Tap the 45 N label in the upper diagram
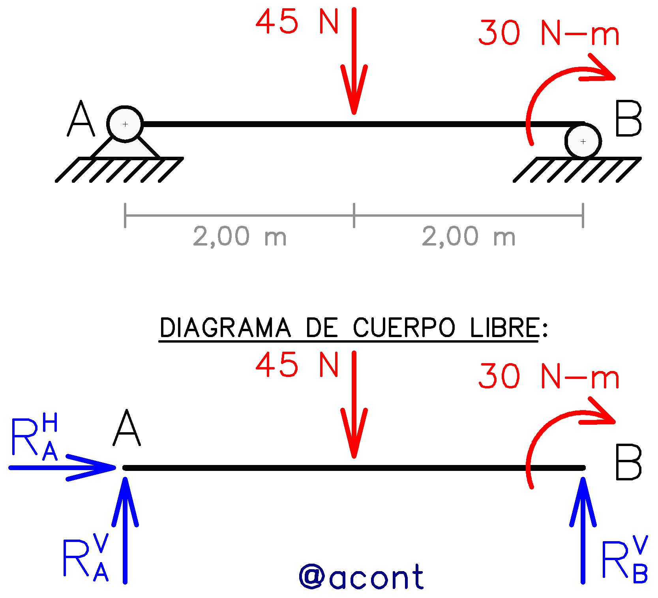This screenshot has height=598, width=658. coord(297,22)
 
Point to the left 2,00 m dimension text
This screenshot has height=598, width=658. coord(240,236)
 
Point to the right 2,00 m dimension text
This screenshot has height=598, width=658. coord(469,236)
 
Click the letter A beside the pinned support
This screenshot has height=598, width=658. coord(81,118)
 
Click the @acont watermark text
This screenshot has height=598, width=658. coord(361,576)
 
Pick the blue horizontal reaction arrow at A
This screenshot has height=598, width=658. coord(62,468)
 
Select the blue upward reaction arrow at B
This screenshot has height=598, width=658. coord(583,530)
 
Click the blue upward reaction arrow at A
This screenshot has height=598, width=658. coord(125,530)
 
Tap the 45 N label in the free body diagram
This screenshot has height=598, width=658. coord(297,366)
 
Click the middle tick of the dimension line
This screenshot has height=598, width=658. coord(354,216)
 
